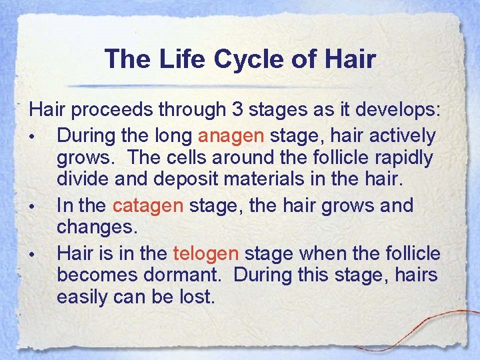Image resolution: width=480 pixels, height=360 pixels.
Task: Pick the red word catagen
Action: tap(147, 205)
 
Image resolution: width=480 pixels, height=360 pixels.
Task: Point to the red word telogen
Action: tap(205, 253)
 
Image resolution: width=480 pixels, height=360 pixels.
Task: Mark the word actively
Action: tap(403, 136)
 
